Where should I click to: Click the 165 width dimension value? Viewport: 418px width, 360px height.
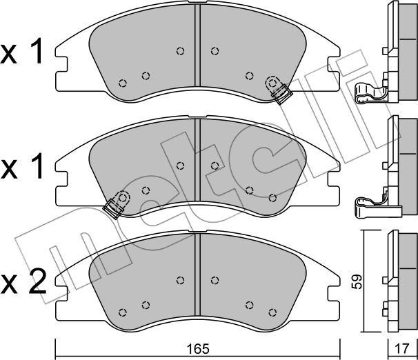tap(198, 349)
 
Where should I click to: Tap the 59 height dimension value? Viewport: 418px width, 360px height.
tap(357, 281)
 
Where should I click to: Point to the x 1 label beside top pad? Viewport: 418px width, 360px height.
tap(21, 50)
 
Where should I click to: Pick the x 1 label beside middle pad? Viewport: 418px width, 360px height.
tap(22, 166)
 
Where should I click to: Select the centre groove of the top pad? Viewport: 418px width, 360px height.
tap(197, 46)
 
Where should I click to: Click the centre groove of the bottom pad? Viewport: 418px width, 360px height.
tap(197, 274)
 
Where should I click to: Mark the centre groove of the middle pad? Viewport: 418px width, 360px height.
tap(197, 160)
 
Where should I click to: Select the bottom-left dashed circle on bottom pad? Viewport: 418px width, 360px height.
tap(122, 312)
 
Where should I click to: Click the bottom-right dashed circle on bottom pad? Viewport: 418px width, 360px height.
tap(272, 312)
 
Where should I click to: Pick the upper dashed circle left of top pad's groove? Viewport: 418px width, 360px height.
tap(181, 51)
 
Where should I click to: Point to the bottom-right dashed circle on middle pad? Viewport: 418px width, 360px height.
tap(272, 198)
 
